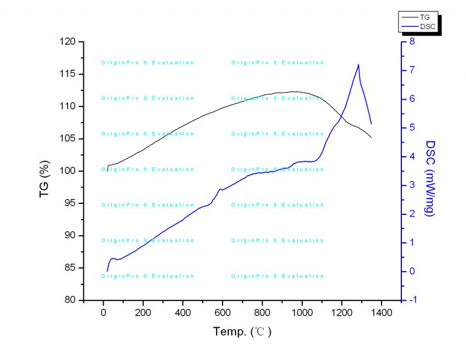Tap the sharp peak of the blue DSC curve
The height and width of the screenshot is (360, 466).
click(x=358, y=65)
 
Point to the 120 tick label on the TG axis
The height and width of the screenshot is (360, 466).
click(x=69, y=42)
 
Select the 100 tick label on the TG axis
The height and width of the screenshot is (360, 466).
click(x=69, y=171)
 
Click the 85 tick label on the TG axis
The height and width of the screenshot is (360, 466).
click(x=71, y=268)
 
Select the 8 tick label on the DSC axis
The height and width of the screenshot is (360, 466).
click(x=411, y=42)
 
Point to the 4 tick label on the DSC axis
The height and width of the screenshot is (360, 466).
click(x=411, y=157)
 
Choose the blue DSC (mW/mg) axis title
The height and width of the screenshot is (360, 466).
click(x=430, y=178)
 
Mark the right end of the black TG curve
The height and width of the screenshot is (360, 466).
click(x=371, y=137)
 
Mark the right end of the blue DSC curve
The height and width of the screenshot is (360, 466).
click(x=371, y=124)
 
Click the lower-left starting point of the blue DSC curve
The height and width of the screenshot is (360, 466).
click(x=107, y=271)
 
